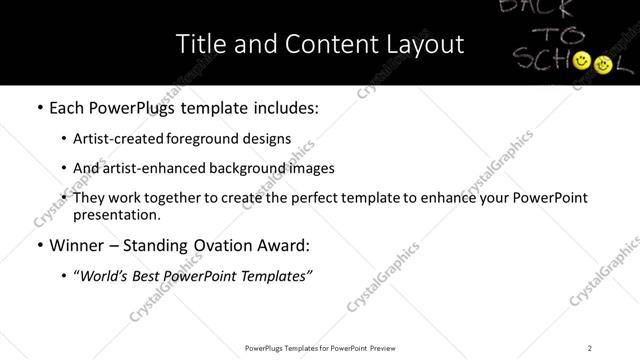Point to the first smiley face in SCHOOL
pyautogui.click(x=582, y=64)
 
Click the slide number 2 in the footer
pyautogui.click(x=590, y=347)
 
